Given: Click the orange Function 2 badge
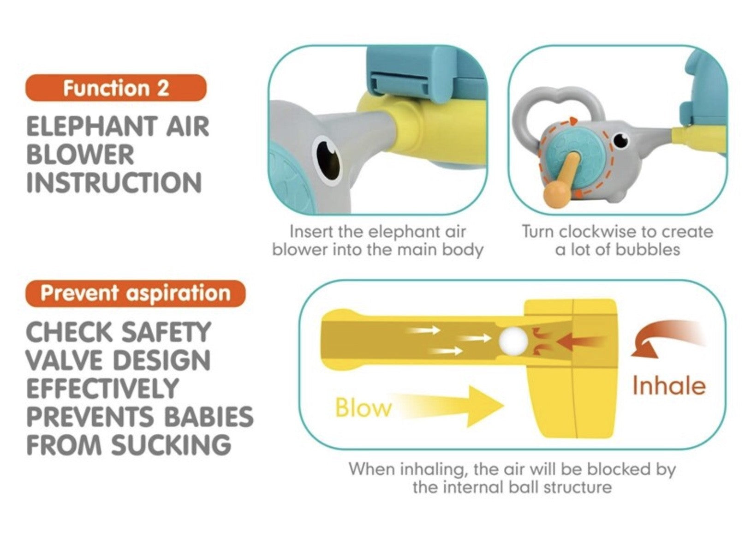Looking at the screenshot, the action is coord(116,88).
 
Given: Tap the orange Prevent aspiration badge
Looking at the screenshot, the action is coord(136,294).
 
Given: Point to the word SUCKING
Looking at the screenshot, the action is coord(171,444).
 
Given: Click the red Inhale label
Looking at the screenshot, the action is coord(669,386).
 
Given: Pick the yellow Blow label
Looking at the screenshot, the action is coord(364,408).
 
